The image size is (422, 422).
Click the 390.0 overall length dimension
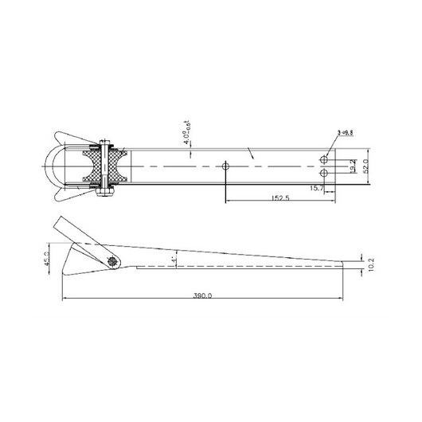202,295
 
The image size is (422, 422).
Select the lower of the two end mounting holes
324,173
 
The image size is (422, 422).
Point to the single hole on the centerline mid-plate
226,166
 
